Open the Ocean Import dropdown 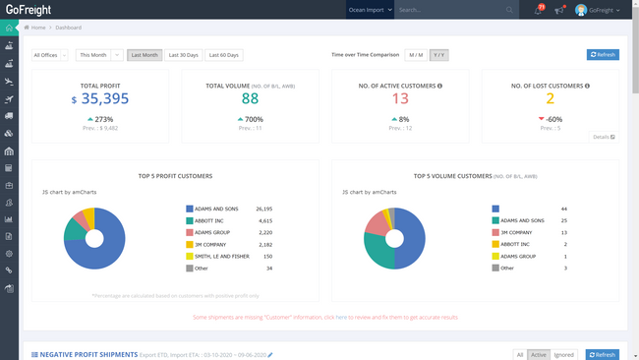(x=370, y=10)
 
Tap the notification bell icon (x=538, y=10)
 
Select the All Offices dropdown (x=50, y=55)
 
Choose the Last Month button (x=145, y=55)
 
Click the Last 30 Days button (x=184, y=55)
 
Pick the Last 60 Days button (x=225, y=55)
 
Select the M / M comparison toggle (x=416, y=55)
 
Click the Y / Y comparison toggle (x=438, y=55)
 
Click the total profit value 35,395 (x=104, y=98)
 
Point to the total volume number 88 (x=250, y=98)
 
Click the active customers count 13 (x=400, y=98)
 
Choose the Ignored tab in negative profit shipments (x=563, y=355)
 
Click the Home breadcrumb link (x=37, y=28)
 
